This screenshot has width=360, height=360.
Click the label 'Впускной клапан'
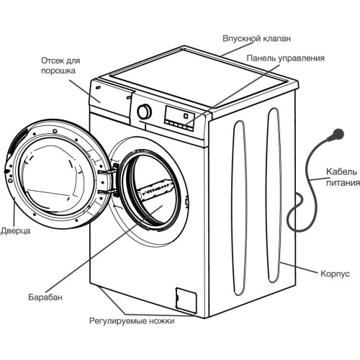tap(256, 38)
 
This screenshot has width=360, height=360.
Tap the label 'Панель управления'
tap(286, 58)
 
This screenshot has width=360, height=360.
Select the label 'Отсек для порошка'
tap(60, 66)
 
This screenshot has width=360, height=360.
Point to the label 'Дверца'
tap(16, 231)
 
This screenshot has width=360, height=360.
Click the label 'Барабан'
tap(45, 297)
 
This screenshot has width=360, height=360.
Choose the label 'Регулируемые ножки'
tap(132, 321)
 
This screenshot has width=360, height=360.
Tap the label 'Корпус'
tap(335, 274)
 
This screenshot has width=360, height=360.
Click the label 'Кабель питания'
tap(343, 177)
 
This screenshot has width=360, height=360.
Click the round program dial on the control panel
tap(145, 112)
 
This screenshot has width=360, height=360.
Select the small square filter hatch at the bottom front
tap(186, 300)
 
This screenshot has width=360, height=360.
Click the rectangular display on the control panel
tap(179, 116)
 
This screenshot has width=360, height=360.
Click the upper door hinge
tap(108, 171)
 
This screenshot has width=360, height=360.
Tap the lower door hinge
tap(108, 192)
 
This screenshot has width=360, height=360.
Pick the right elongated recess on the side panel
tap(274, 196)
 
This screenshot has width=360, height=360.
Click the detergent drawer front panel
tap(111, 98)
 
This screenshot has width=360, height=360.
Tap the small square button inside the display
tap(186, 116)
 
